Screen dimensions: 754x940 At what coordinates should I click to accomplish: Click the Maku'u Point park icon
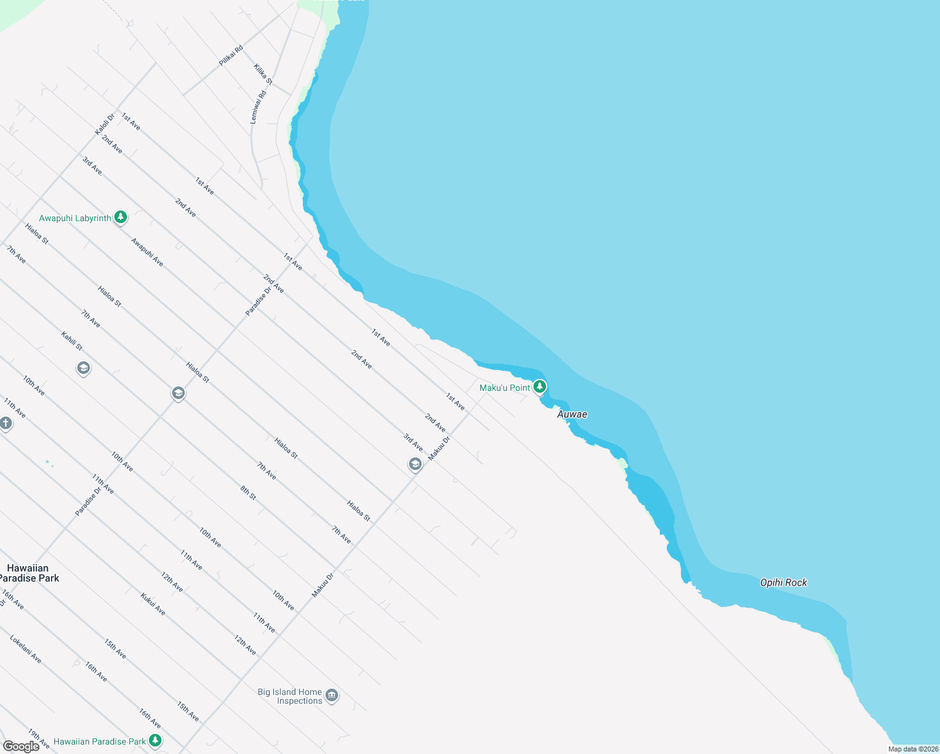tap(539, 387)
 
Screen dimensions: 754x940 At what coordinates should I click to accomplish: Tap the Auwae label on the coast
tap(572, 414)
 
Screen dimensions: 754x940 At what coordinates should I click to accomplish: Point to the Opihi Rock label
tap(783, 582)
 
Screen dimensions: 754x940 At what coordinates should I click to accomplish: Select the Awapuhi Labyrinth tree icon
tap(121, 217)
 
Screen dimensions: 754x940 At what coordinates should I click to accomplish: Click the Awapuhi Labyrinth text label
tap(75, 218)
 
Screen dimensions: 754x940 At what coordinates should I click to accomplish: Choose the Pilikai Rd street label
tap(231, 56)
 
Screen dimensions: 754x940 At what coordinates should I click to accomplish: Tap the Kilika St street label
tap(263, 74)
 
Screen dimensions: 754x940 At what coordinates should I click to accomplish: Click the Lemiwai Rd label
tap(258, 107)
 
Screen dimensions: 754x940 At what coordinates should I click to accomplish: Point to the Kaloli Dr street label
tap(105, 123)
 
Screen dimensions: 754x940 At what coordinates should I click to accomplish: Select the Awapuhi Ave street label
tap(147, 251)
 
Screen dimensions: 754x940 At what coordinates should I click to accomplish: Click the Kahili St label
tap(72, 341)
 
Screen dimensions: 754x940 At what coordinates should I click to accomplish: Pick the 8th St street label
tap(248, 493)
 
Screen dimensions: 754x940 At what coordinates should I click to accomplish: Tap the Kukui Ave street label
tap(153, 604)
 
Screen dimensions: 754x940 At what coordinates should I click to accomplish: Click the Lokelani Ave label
tap(26, 649)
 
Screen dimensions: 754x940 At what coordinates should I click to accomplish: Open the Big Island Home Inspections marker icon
tap(332, 696)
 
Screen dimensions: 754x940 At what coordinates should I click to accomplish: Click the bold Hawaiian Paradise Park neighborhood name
tap(28, 573)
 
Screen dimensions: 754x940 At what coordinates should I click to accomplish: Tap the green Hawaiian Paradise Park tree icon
tap(155, 741)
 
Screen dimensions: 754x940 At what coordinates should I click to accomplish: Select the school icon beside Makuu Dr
tap(415, 464)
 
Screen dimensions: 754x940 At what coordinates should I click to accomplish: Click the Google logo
tap(21, 746)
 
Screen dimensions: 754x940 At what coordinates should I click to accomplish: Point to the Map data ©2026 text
tap(912, 749)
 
